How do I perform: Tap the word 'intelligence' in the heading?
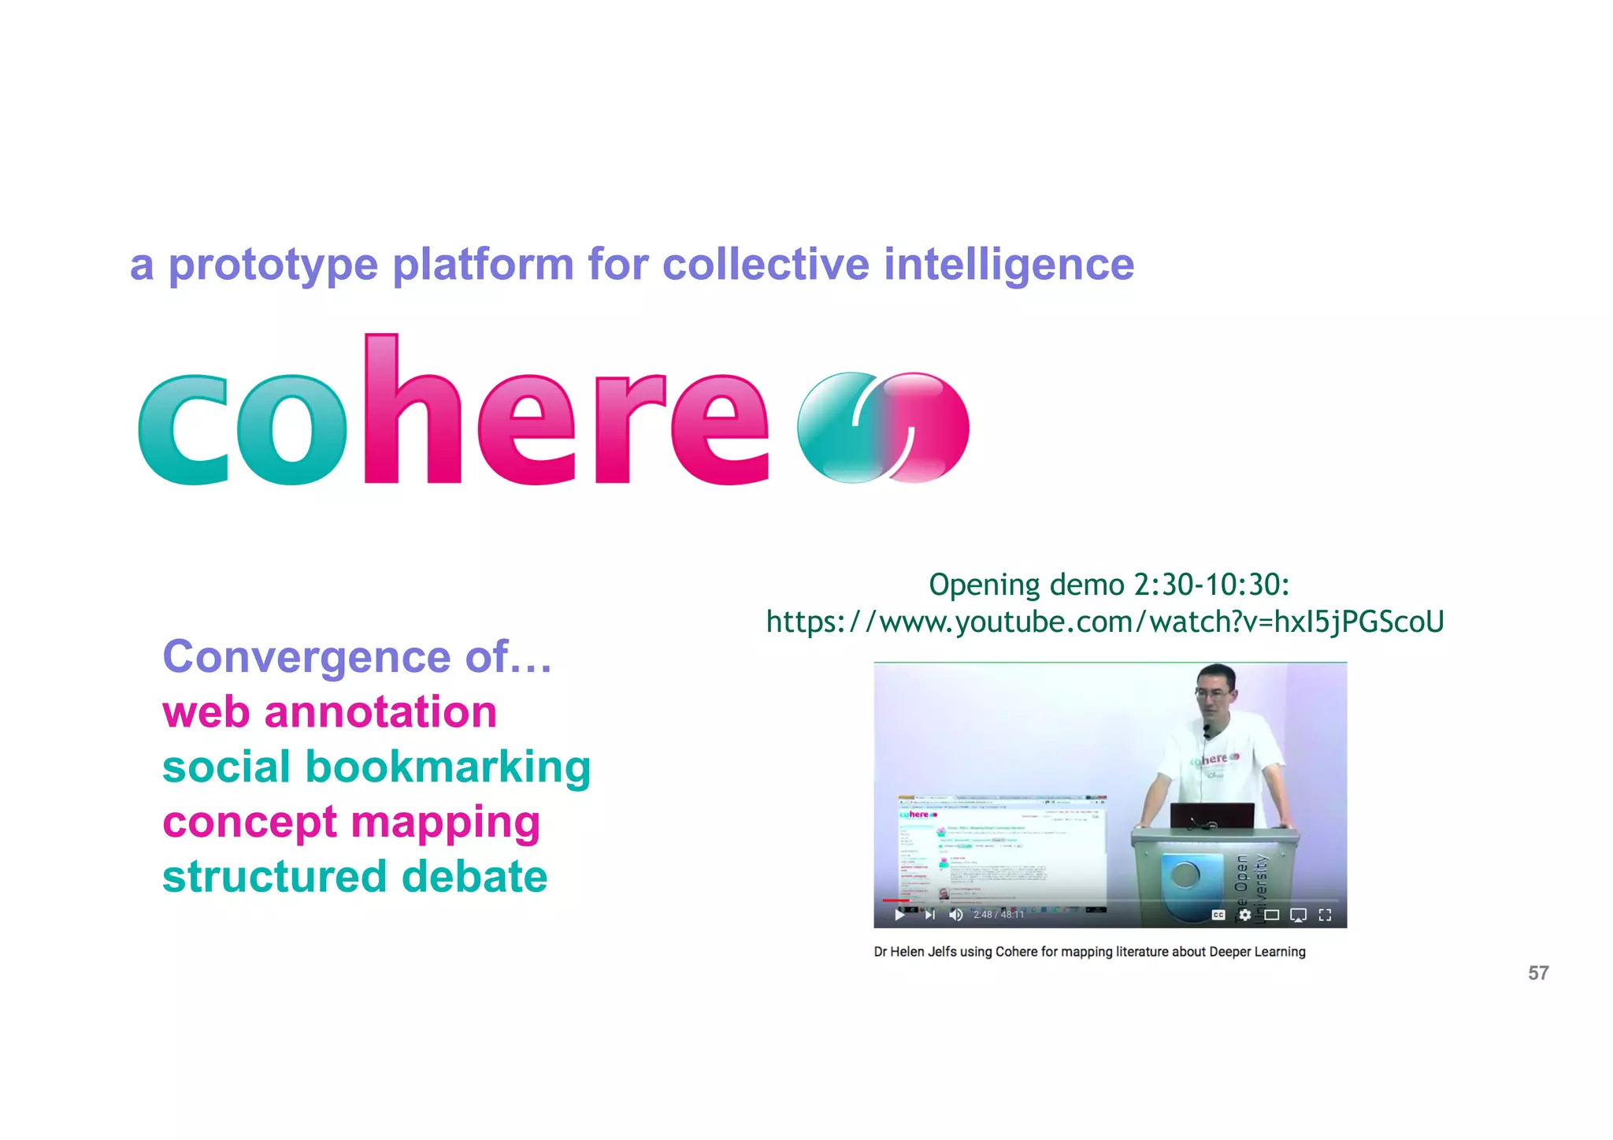point(1009,265)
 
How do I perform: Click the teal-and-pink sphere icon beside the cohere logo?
point(883,427)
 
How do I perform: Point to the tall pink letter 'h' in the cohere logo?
point(410,410)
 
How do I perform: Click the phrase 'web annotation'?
point(329,712)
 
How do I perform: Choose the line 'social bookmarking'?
point(376,767)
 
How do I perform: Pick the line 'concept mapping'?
point(351,823)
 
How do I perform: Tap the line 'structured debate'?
point(354,877)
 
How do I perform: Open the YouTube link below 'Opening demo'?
point(1105,622)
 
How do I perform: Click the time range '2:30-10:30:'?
point(1211,585)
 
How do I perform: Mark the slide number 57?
point(1538,973)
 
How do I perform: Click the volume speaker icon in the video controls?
point(956,915)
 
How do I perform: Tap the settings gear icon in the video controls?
point(1244,915)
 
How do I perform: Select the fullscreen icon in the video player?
point(1325,915)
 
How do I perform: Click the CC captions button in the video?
point(1218,915)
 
